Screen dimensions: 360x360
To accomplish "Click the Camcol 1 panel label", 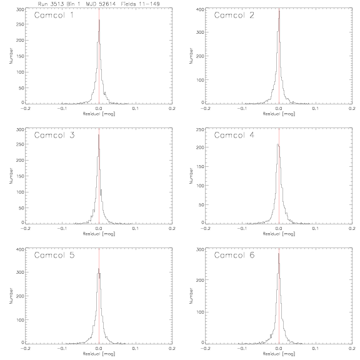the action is pos(54,15).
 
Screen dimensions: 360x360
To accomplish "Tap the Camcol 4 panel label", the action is pos(234,135).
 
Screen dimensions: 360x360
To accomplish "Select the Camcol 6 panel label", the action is pos(234,255).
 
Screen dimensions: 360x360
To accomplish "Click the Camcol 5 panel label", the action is pos(54,255).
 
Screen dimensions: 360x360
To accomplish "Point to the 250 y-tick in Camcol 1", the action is pos(20,24).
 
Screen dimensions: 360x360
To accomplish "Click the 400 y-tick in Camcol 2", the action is pos(200,9).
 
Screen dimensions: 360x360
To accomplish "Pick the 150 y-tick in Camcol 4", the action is pos(200,166).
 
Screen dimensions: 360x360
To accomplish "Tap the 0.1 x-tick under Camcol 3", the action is pos(136,229).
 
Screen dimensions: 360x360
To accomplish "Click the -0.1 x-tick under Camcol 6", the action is pos(242,348).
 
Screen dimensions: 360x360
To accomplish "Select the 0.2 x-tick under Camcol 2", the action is pos(352,108).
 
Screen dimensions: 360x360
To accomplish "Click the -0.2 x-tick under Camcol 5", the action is pos(25,348).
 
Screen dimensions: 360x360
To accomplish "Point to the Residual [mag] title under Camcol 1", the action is pos(99,114).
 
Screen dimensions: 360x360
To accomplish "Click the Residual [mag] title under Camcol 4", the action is pos(279,234).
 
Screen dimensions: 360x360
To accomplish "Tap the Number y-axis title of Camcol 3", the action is pos(11,176).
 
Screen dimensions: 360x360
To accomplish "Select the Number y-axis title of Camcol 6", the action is pos(191,296).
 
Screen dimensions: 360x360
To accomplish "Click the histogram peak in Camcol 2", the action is pos(279,11).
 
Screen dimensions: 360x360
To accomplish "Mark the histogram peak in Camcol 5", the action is pos(99,268).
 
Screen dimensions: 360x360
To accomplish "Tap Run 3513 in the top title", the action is pos(51,4).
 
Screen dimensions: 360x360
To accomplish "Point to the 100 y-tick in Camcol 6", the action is pos(200,312).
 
